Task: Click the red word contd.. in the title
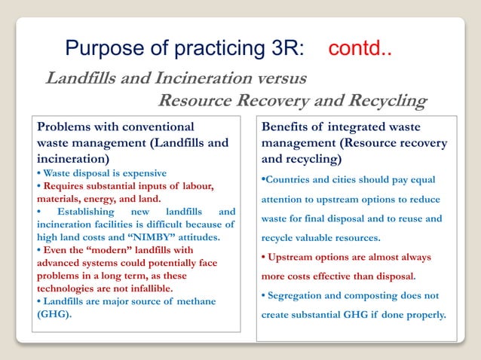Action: (360, 50)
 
